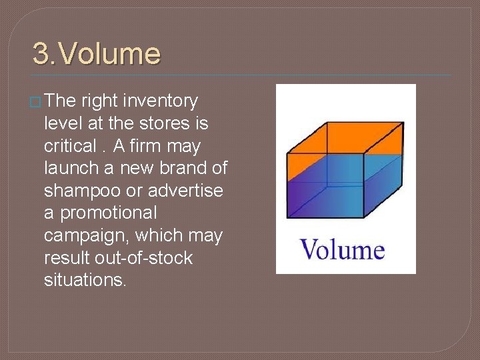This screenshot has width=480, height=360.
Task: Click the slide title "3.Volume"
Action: pos(97,54)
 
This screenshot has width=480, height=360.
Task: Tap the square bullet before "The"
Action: pos(37,102)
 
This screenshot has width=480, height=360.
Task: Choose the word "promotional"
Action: pos(107,213)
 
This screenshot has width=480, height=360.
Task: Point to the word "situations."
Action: pos(85,280)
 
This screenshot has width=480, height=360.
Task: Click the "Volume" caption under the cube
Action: pos(343,251)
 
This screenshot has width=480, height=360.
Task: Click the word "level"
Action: pos(62,123)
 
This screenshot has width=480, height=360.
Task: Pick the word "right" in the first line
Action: pos(99,101)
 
